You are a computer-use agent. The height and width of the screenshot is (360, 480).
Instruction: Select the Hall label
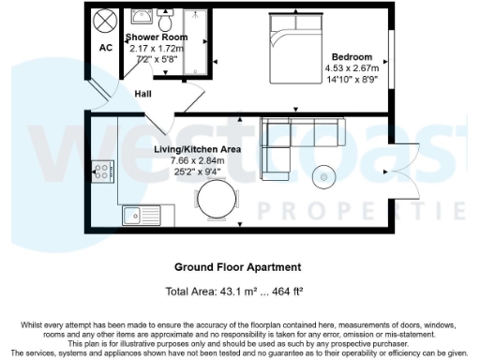tap(143, 94)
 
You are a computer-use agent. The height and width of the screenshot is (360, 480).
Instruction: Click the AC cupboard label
tap(106, 48)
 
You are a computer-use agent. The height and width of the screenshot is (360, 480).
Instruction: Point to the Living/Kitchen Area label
tap(198, 150)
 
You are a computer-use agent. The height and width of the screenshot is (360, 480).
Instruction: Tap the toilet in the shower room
tap(166, 22)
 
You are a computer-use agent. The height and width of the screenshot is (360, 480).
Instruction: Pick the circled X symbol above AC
tap(106, 20)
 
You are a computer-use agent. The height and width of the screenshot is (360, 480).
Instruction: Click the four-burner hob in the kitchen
tap(103, 171)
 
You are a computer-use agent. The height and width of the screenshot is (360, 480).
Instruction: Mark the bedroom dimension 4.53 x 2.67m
tap(352, 67)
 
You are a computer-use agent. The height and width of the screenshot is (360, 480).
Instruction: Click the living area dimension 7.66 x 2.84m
tap(198, 160)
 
